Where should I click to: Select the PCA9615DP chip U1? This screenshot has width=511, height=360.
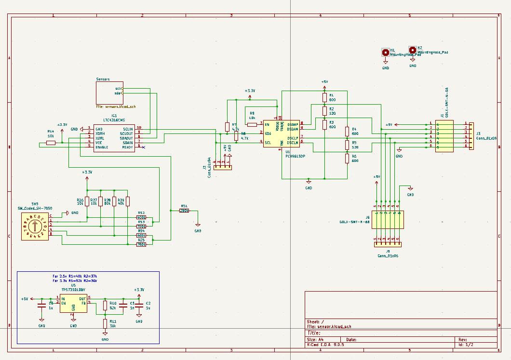tap(282, 134)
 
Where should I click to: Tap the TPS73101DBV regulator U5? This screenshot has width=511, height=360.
tap(73, 304)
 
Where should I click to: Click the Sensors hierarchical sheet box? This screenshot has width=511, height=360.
tap(109, 93)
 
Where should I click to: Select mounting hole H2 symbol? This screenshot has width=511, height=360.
tap(412, 50)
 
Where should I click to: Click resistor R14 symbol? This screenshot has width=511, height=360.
tap(51, 143)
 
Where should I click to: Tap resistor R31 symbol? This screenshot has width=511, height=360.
tap(184, 210)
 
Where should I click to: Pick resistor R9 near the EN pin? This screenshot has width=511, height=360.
tap(252, 124)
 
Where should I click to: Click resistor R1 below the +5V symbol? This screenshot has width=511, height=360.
tap(325, 98)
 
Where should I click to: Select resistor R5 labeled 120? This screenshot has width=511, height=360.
tap(347, 145)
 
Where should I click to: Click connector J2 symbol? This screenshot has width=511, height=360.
tap(223, 167)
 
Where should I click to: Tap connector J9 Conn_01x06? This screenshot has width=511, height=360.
tap(387, 244)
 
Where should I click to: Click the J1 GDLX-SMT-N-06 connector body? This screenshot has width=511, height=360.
tap(444, 136)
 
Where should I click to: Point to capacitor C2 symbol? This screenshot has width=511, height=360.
tap(139, 305)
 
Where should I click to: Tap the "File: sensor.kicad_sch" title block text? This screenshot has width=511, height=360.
tap(329, 326)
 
